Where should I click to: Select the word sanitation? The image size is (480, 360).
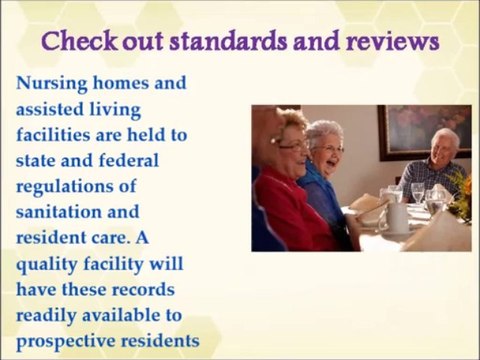(64, 212)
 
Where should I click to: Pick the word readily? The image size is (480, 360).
(51, 317)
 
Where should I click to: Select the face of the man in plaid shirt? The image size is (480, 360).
(445, 145)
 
